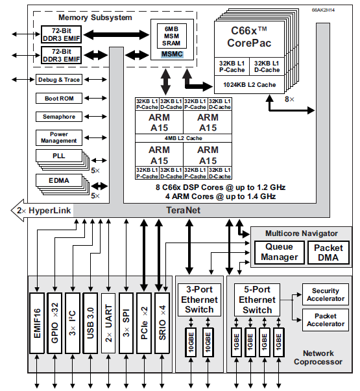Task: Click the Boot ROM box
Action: (x=59, y=99)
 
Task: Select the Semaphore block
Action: (x=59, y=117)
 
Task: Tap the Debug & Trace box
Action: (x=59, y=80)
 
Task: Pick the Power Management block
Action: (x=59, y=137)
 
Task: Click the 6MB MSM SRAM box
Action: (x=172, y=36)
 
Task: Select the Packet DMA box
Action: (x=328, y=252)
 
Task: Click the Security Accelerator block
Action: (x=326, y=295)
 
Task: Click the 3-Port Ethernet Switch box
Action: (x=199, y=300)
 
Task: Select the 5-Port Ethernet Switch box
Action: (x=258, y=300)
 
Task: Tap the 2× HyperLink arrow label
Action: (x=39, y=210)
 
